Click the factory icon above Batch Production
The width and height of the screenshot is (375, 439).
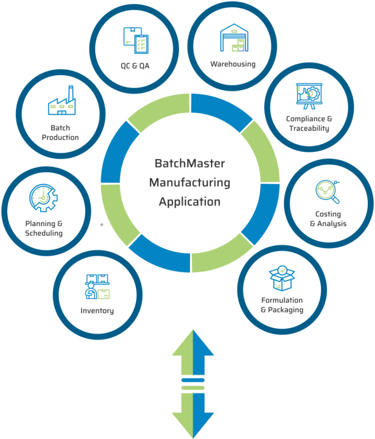pos(62,100)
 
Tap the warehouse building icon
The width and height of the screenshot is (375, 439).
pos(234,38)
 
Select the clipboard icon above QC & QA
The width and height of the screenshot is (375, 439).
pos(136,41)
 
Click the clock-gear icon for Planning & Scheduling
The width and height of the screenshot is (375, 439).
pos(43,198)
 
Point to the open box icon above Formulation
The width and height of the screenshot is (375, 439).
pos(282,278)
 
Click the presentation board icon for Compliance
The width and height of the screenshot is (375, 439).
pos(309,96)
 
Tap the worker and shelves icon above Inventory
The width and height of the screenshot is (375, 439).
pos(97,287)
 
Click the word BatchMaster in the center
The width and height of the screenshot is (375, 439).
pos(190,163)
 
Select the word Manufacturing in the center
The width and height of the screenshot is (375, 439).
pos(190,183)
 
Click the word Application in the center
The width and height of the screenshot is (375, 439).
pos(190,202)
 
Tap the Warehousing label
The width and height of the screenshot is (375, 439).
pos(233,64)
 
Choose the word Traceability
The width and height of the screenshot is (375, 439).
pos(309,128)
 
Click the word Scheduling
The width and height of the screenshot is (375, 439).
pos(44,233)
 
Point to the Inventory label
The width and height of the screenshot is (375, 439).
pos(97,311)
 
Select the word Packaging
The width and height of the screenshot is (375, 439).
pos(286,310)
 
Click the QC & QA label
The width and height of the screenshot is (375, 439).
pos(135,66)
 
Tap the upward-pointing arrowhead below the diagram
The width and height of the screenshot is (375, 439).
pos(193,343)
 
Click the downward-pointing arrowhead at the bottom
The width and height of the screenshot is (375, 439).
pos(193,425)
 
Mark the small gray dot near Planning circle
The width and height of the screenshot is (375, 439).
pos(102,225)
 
